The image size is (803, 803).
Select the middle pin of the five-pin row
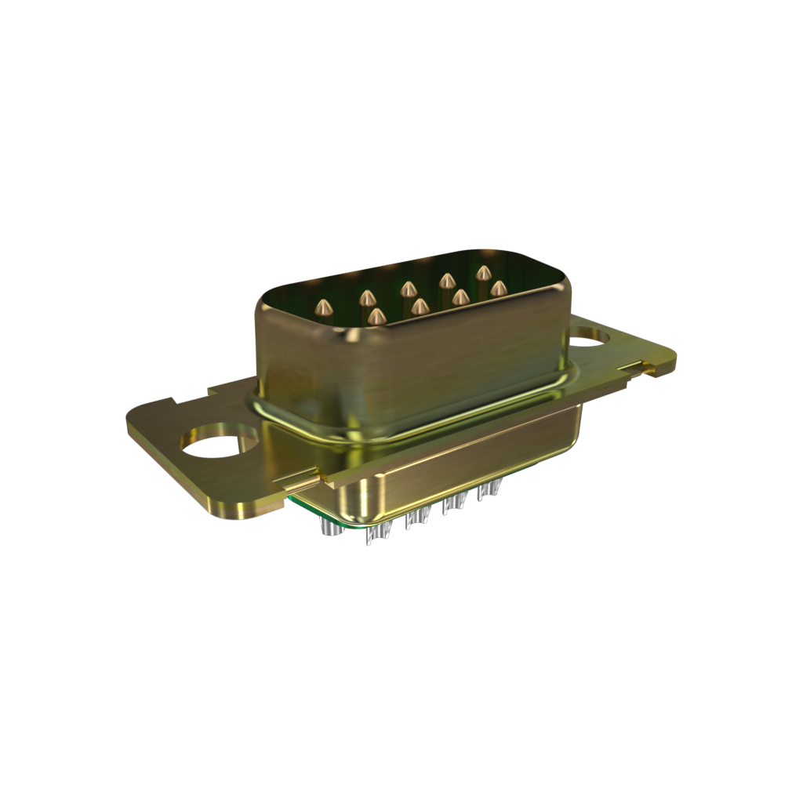click(408, 289)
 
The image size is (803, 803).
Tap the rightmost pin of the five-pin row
click(484, 273)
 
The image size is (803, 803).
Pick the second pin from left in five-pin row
click(366, 297)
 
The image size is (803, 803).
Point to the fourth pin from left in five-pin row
click(447, 280)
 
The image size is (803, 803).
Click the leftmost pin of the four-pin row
click(377, 315)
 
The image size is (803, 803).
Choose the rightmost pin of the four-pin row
click(498, 289)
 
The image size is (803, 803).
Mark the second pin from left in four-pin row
click(420, 306)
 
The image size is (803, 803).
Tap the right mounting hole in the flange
click(590, 336)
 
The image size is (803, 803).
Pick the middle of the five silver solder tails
click(417, 517)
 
